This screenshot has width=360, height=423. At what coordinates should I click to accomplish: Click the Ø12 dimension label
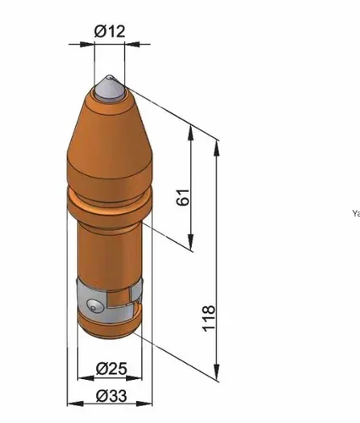click(110, 31)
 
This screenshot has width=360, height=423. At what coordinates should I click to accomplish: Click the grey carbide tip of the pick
click(108, 88)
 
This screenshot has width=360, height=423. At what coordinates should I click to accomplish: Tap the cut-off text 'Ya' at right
click(355, 213)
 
